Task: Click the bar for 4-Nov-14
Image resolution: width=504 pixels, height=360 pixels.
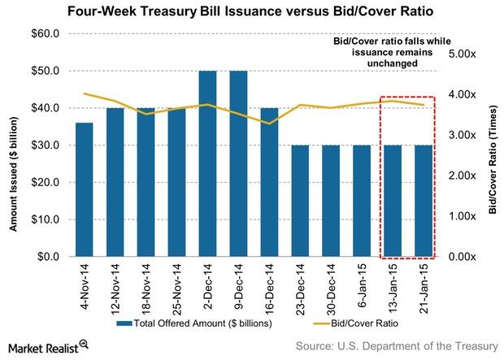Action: [x=85, y=189]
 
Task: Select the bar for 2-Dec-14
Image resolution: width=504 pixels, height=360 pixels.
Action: [x=207, y=163]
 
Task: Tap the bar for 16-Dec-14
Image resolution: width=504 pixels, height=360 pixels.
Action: [x=268, y=182]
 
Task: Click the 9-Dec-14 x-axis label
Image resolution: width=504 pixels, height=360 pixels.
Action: [x=238, y=288]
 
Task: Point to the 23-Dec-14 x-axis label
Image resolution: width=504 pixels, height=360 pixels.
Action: [x=299, y=288]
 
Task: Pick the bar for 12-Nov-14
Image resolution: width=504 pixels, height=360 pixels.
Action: [x=115, y=182]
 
